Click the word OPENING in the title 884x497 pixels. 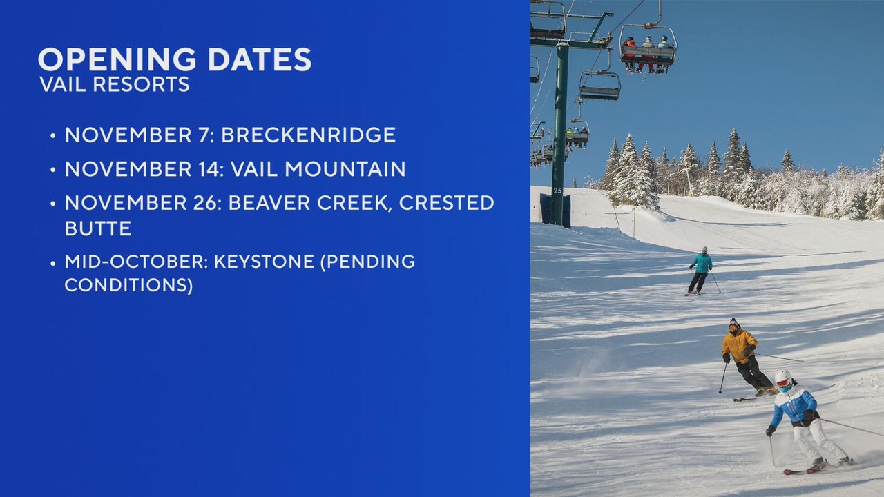(x=117, y=59)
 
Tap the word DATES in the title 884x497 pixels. (x=259, y=59)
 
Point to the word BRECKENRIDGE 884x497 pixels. (x=308, y=135)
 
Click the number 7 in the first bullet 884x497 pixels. (x=203, y=135)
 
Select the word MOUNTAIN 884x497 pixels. (x=345, y=169)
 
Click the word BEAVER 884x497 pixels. (x=269, y=203)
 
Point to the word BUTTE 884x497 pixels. (x=98, y=228)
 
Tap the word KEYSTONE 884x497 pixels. (x=264, y=262)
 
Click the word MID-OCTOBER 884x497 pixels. (x=136, y=262)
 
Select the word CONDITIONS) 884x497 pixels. (x=128, y=285)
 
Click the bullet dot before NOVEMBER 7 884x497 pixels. (x=53, y=136)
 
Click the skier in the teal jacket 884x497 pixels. (x=701, y=271)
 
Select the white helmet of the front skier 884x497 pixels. (x=783, y=377)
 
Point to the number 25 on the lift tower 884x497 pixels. (x=557, y=191)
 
